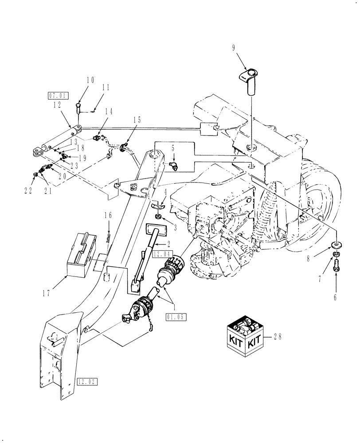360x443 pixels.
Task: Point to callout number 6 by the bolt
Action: click(335, 297)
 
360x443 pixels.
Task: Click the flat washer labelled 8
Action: click(336, 245)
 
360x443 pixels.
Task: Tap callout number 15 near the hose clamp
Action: click(137, 120)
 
